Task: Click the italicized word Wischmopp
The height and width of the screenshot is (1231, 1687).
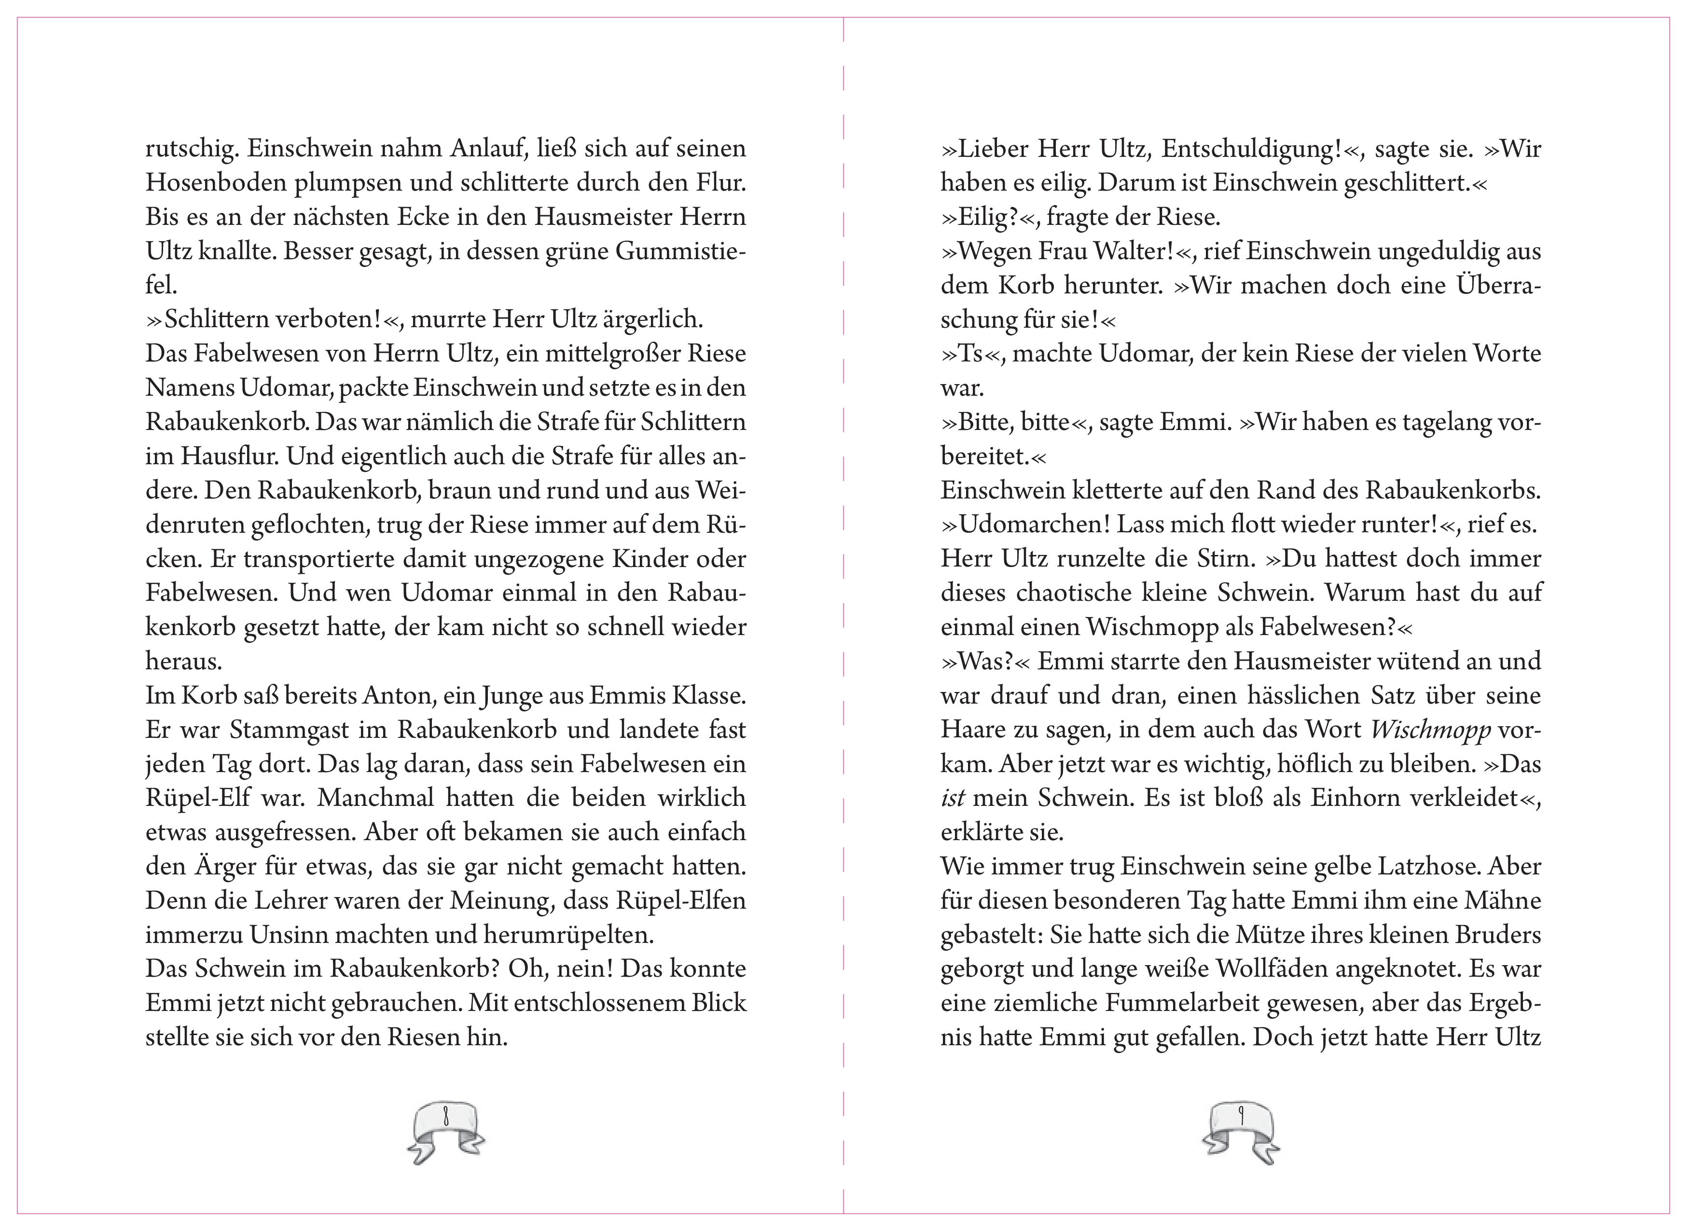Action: (x=1431, y=730)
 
